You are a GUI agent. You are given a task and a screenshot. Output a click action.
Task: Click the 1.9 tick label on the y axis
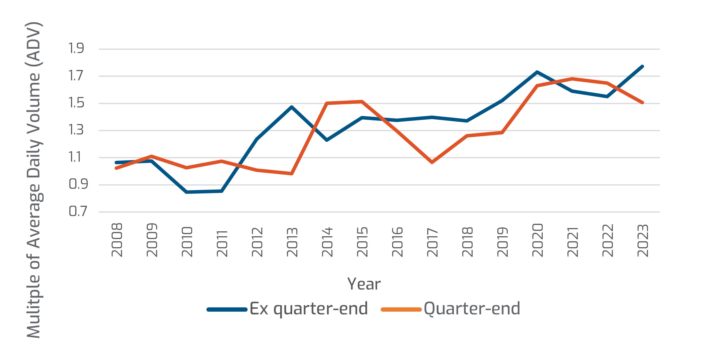[x=76, y=48]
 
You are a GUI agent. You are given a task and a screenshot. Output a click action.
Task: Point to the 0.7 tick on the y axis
[x=78, y=211]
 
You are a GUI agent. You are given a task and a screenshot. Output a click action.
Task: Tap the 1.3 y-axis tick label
[x=76, y=130]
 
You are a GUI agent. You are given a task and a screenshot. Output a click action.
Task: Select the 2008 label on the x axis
[x=117, y=240]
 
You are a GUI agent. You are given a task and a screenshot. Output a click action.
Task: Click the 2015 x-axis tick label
[x=362, y=242]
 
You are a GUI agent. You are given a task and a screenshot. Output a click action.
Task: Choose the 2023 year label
[x=643, y=240]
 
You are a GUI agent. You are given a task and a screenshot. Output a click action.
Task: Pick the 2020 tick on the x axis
[x=538, y=240]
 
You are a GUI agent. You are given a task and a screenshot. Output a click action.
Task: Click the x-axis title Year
[x=364, y=284]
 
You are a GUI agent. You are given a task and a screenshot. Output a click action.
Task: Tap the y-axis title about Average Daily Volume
[x=34, y=180]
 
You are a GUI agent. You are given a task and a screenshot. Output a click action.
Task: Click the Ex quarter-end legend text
[x=309, y=309]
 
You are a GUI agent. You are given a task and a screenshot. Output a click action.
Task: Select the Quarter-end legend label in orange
[x=472, y=309]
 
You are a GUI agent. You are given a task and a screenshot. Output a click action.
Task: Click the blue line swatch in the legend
[x=227, y=309]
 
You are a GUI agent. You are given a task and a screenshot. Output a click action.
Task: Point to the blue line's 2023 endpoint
[x=643, y=67]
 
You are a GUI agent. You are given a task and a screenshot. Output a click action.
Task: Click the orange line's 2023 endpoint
[x=643, y=103]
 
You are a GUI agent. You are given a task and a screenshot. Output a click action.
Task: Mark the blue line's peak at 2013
[x=292, y=107]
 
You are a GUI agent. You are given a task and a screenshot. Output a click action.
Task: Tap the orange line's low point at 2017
[x=432, y=163]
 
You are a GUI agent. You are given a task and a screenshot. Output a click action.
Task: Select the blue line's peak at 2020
[x=537, y=72]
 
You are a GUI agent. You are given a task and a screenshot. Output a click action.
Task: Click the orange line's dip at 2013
[x=292, y=173]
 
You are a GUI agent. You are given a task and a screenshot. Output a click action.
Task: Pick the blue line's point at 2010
[x=187, y=192]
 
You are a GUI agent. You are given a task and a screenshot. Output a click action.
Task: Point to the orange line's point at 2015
[x=362, y=101]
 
